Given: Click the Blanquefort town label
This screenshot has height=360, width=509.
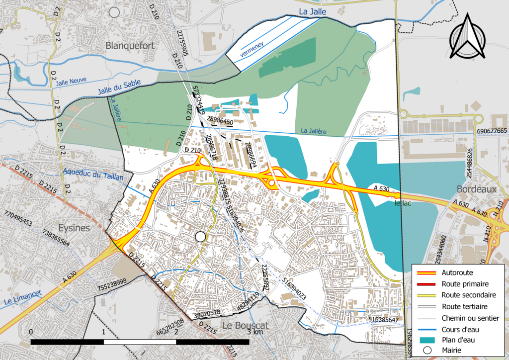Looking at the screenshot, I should pyautogui.click(x=130, y=46).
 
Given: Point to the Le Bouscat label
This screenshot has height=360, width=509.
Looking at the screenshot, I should pyautogui.click(x=245, y=326).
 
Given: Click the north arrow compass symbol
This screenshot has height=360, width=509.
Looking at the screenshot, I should pyautogui.click(x=468, y=37).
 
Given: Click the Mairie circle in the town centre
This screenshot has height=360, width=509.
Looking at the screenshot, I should pyautogui.click(x=200, y=237).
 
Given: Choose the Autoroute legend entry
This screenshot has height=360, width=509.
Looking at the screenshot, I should pyautogui.click(x=457, y=272).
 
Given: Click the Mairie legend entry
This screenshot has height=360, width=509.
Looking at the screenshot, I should pyautogui.click(x=453, y=351).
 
